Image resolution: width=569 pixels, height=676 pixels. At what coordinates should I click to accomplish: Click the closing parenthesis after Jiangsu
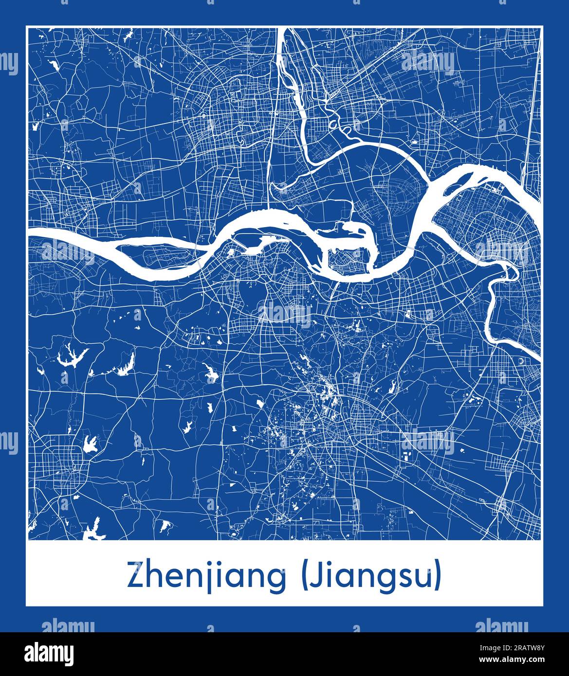pos(439,576)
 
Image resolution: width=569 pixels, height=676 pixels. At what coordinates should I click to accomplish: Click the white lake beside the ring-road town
pos(90,443)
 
